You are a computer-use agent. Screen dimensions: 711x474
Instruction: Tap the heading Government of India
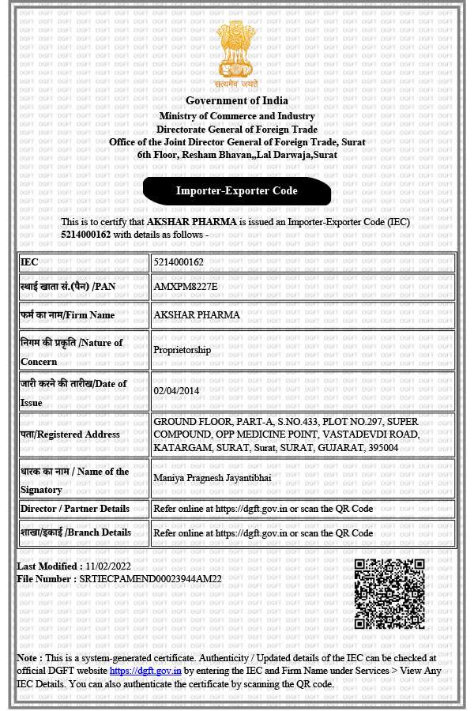pos(237,100)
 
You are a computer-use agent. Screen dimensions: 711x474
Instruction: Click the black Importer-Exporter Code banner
pos(237,190)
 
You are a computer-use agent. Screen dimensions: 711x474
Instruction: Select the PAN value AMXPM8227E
pos(185,285)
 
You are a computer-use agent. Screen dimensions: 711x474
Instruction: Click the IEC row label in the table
pos(30,262)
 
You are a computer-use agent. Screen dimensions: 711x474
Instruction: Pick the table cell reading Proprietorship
pos(182,350)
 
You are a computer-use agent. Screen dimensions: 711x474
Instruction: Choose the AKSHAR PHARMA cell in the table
pos(197,315)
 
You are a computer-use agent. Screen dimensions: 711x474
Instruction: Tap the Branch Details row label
pos(76,532)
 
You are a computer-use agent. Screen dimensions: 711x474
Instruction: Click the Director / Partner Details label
pos(74,509)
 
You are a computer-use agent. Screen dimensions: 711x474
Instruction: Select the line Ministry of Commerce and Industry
pos(237,116)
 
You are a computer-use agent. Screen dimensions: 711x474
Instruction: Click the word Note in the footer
pos(29,658)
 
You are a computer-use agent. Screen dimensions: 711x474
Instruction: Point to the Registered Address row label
pos(70,434)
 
